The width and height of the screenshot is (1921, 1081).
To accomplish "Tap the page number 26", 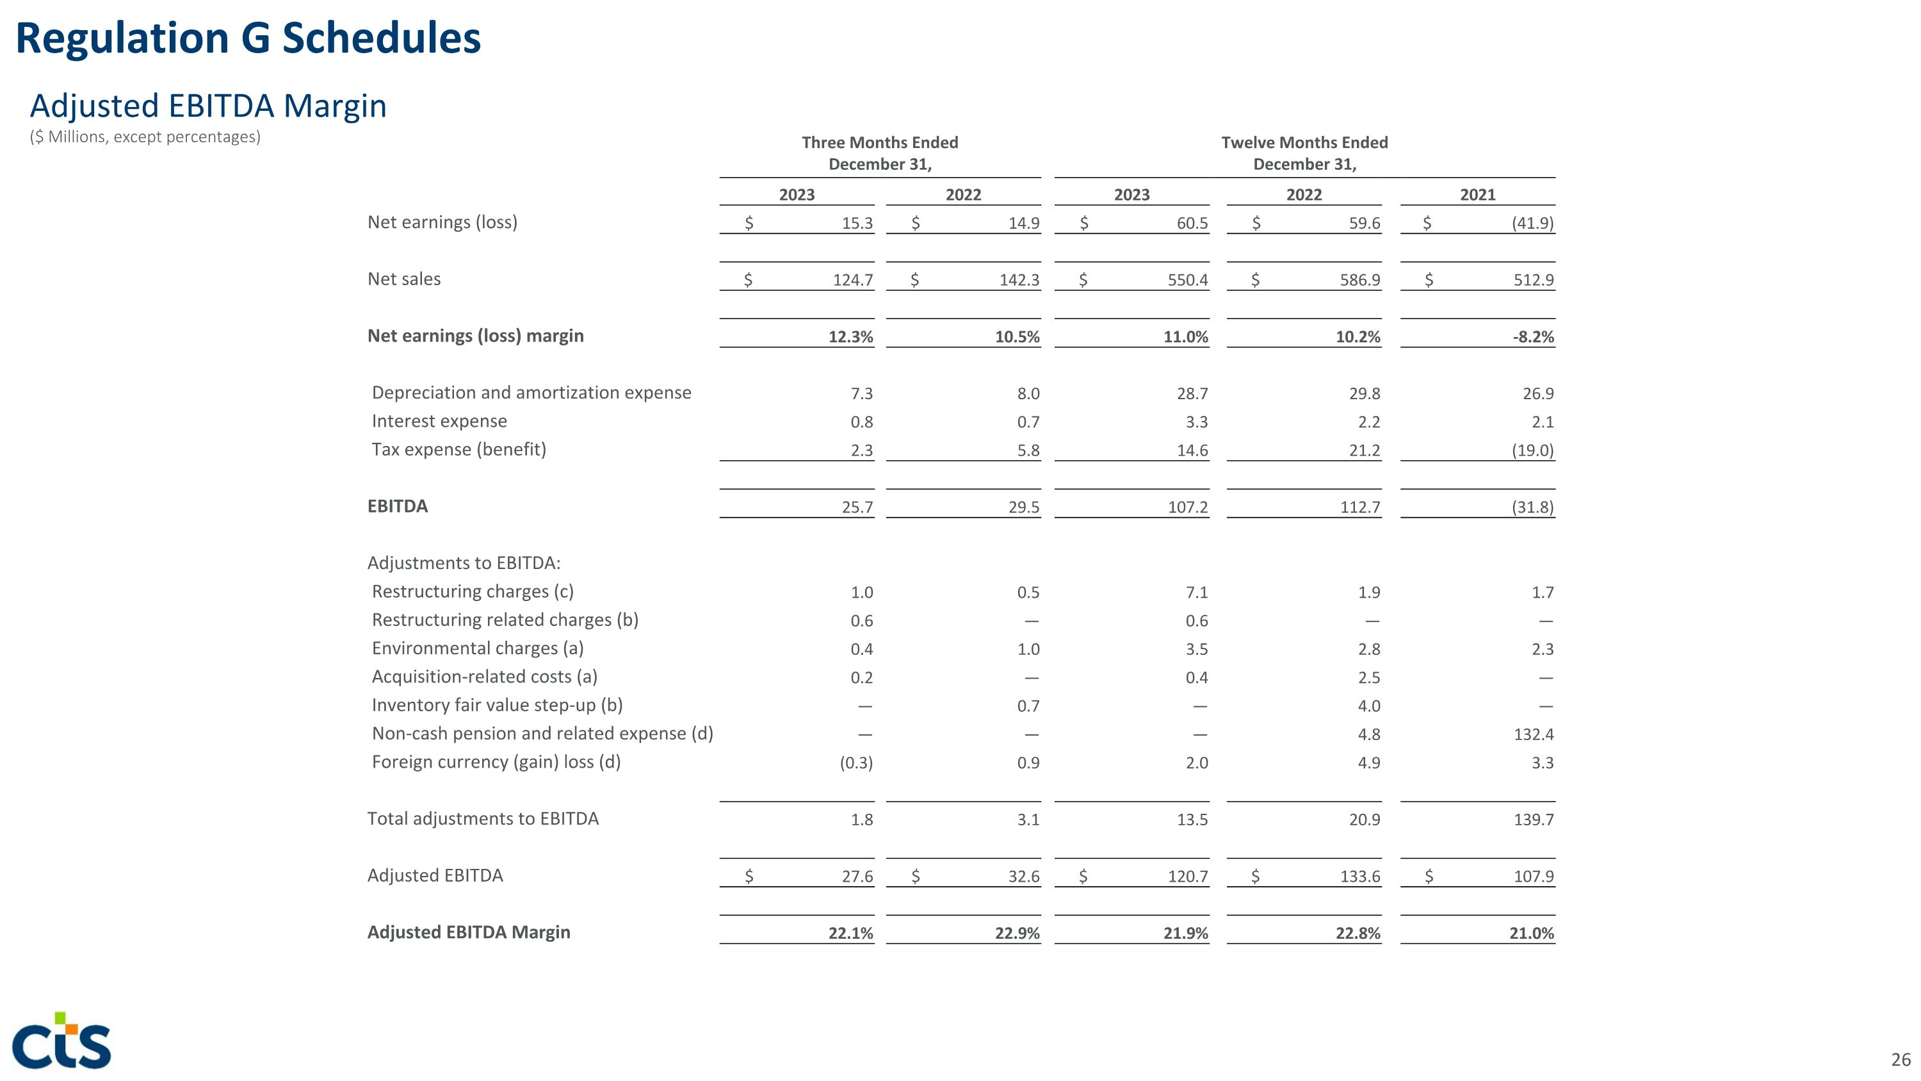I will pyautogui.click(x=1900, y=1059).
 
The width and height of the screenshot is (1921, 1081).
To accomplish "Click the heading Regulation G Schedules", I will pyautogui.click(x=248, y=39).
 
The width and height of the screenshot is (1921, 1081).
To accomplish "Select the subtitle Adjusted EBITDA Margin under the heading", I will pyautogui.click(x=208, y=106).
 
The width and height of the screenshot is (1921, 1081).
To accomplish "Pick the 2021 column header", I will pyautogui.click(x=1477, y=195).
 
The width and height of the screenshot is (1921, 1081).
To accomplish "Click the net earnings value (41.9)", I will pyautogui.click(x=1532, y=223).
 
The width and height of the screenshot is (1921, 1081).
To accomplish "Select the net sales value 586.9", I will pyautogui.click(x=1359, y=280).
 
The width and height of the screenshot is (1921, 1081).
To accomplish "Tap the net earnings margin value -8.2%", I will pyautogui.click(x=1532, y=336).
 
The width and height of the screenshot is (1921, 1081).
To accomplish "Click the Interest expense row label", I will pyautogui.click(x=439, y=422).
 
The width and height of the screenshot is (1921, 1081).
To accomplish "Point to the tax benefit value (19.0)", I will pyautogui.click(x=1532, y=450).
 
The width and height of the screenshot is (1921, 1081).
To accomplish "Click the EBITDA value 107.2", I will pyautogui.click(x=1187, y=507).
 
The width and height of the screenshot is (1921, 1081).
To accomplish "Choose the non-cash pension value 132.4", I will pyautogui.click(x=1533, y=734).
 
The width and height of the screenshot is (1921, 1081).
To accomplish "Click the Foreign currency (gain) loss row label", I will pyautogui.click(x=496, y=763).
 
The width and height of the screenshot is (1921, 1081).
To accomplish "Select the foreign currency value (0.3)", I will pyautogui.click(x=855, y=763).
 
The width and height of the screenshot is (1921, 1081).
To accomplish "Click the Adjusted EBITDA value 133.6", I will pyautogui.click(x=1359, y=877).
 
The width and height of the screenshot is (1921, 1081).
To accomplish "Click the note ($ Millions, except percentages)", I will pyautogui.click(x=145, y=137).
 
